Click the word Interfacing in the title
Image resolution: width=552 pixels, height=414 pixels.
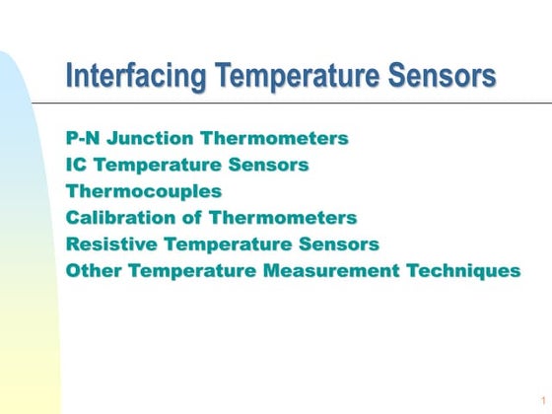(135, 75)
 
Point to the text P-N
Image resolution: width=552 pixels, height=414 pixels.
(83, 138)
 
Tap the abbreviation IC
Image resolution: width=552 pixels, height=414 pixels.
(77, 165)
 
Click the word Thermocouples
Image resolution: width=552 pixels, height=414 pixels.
(144, 191)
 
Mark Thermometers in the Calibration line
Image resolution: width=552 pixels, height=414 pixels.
(287, 218)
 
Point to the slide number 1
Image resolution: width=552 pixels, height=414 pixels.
(542, 398)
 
